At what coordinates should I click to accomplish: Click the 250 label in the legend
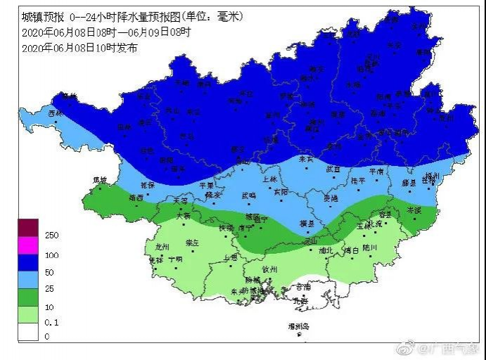(51, 234)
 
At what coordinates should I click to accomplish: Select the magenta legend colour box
(28, 245)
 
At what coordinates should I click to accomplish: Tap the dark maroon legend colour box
(28, 228)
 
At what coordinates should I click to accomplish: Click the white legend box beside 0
(28, 332)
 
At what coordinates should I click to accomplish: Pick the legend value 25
(49, 288)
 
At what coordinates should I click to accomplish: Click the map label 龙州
(162, 247)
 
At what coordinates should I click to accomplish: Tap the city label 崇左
(192, 243)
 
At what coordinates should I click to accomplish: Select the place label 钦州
(269, 269)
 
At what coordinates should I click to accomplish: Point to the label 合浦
(302, 286)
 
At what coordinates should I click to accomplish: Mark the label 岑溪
(414, 210)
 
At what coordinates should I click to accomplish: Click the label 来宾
(306, 159)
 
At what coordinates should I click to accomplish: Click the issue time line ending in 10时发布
(79, 48)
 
